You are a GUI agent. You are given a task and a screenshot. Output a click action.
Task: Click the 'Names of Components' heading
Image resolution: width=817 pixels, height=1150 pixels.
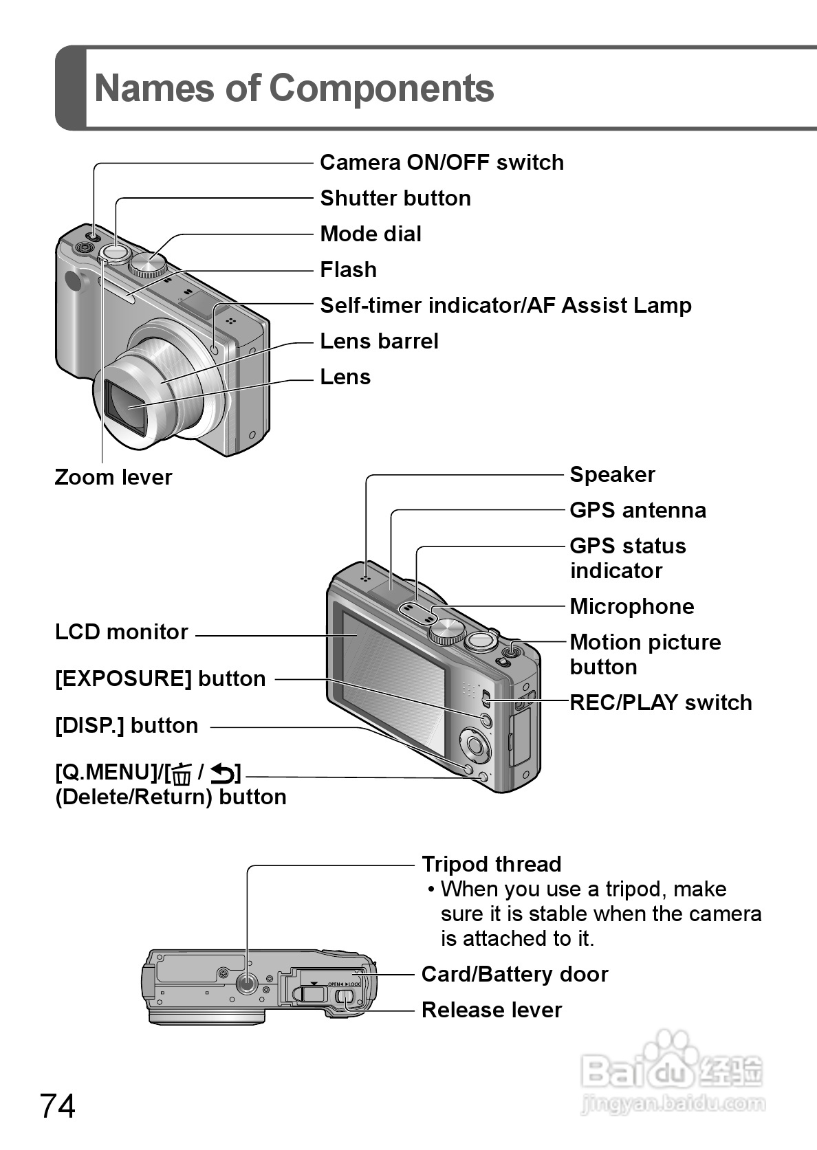294,88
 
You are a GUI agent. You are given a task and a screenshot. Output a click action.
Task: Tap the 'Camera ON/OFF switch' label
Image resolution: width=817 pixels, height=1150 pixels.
442,163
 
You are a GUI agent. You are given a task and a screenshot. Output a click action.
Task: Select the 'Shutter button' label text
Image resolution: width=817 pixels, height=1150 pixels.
395,199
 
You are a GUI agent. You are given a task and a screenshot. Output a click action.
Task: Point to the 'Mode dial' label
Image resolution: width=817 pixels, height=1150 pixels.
371,234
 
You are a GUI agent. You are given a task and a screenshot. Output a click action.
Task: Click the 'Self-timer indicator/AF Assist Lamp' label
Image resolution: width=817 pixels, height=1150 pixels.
505,306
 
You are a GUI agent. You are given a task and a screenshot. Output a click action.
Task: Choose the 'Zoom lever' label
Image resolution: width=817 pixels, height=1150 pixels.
113,477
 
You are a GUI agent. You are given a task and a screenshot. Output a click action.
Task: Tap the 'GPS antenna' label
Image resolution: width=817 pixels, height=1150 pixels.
638,511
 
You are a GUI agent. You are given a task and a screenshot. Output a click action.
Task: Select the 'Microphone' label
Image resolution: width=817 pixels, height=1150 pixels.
631,607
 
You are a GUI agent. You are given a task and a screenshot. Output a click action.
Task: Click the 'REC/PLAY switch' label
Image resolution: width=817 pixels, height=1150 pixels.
660,703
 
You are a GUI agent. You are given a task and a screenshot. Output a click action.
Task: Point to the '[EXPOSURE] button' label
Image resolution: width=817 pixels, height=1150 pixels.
160,679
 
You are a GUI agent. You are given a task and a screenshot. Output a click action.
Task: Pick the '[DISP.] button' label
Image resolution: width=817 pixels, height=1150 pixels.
127,726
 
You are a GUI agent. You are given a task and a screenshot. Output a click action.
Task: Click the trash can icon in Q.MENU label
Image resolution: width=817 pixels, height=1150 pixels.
182,775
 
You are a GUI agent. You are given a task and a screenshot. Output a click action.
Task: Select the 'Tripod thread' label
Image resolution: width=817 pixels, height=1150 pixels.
491,864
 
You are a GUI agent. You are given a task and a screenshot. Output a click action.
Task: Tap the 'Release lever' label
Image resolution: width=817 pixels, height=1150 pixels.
491,1010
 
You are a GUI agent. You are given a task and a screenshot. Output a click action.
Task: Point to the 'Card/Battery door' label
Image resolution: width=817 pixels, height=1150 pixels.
514,975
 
